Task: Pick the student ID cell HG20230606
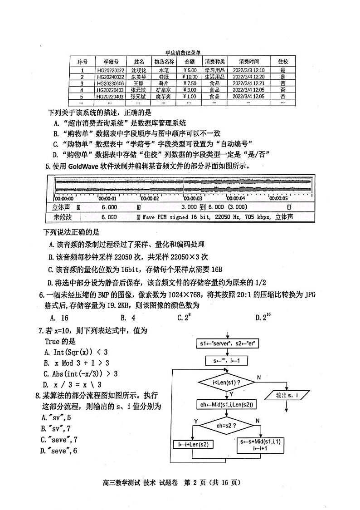[x=110, y=83]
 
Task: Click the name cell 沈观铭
[x=139, y=70]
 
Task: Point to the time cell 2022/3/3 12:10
[x=248, y=70]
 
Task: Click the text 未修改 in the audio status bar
[x=63, y=217]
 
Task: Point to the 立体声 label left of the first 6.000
[x=63, y=207]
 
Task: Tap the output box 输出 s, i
[x=287, y=395]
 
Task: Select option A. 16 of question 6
[x=59, y=318]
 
